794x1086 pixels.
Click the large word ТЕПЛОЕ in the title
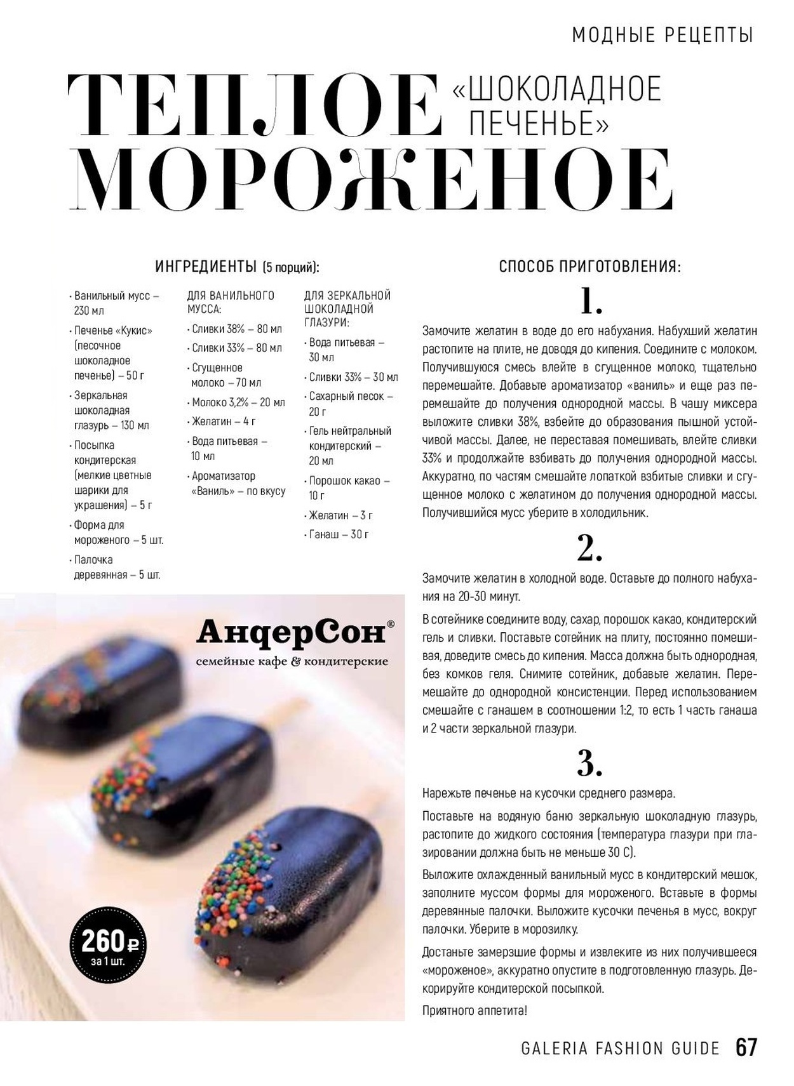click(254, 105)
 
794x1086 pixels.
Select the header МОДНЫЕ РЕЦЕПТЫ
click(663, 35)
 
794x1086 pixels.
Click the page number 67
click(746, 1047)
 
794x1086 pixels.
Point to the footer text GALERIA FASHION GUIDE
click(620, 1048)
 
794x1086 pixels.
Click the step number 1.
click(591, 301)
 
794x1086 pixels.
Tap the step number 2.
click(589, 548)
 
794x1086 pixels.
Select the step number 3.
click(589, 764)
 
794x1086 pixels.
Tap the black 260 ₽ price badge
click(108, 944)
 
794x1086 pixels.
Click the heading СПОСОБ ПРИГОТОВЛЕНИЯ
click(589, 267)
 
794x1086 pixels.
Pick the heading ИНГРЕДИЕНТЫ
click(206, 267)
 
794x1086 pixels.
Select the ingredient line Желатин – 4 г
click(224, 421)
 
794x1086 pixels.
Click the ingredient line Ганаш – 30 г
click(339, 534)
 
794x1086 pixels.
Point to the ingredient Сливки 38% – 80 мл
click(236, 329)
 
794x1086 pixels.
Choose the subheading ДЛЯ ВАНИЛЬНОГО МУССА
click(230, 302)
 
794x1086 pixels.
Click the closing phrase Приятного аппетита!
click(474, 1010)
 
